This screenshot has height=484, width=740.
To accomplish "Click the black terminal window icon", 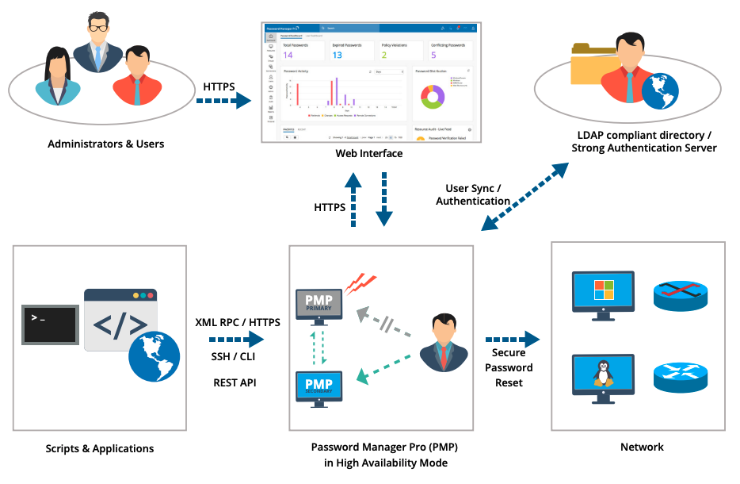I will (50, 325).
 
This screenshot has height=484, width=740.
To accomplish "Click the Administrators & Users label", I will (105, 144).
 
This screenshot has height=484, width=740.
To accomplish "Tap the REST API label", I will (235, 382).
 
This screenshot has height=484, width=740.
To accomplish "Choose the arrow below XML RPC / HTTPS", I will (235, 340).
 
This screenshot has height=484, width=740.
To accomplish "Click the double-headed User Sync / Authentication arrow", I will (524, 197).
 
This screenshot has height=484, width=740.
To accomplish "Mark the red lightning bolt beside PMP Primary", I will (360, 282).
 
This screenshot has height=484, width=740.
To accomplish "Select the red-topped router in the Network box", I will (679, 295).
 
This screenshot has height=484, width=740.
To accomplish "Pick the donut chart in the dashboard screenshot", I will (432, 98).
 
